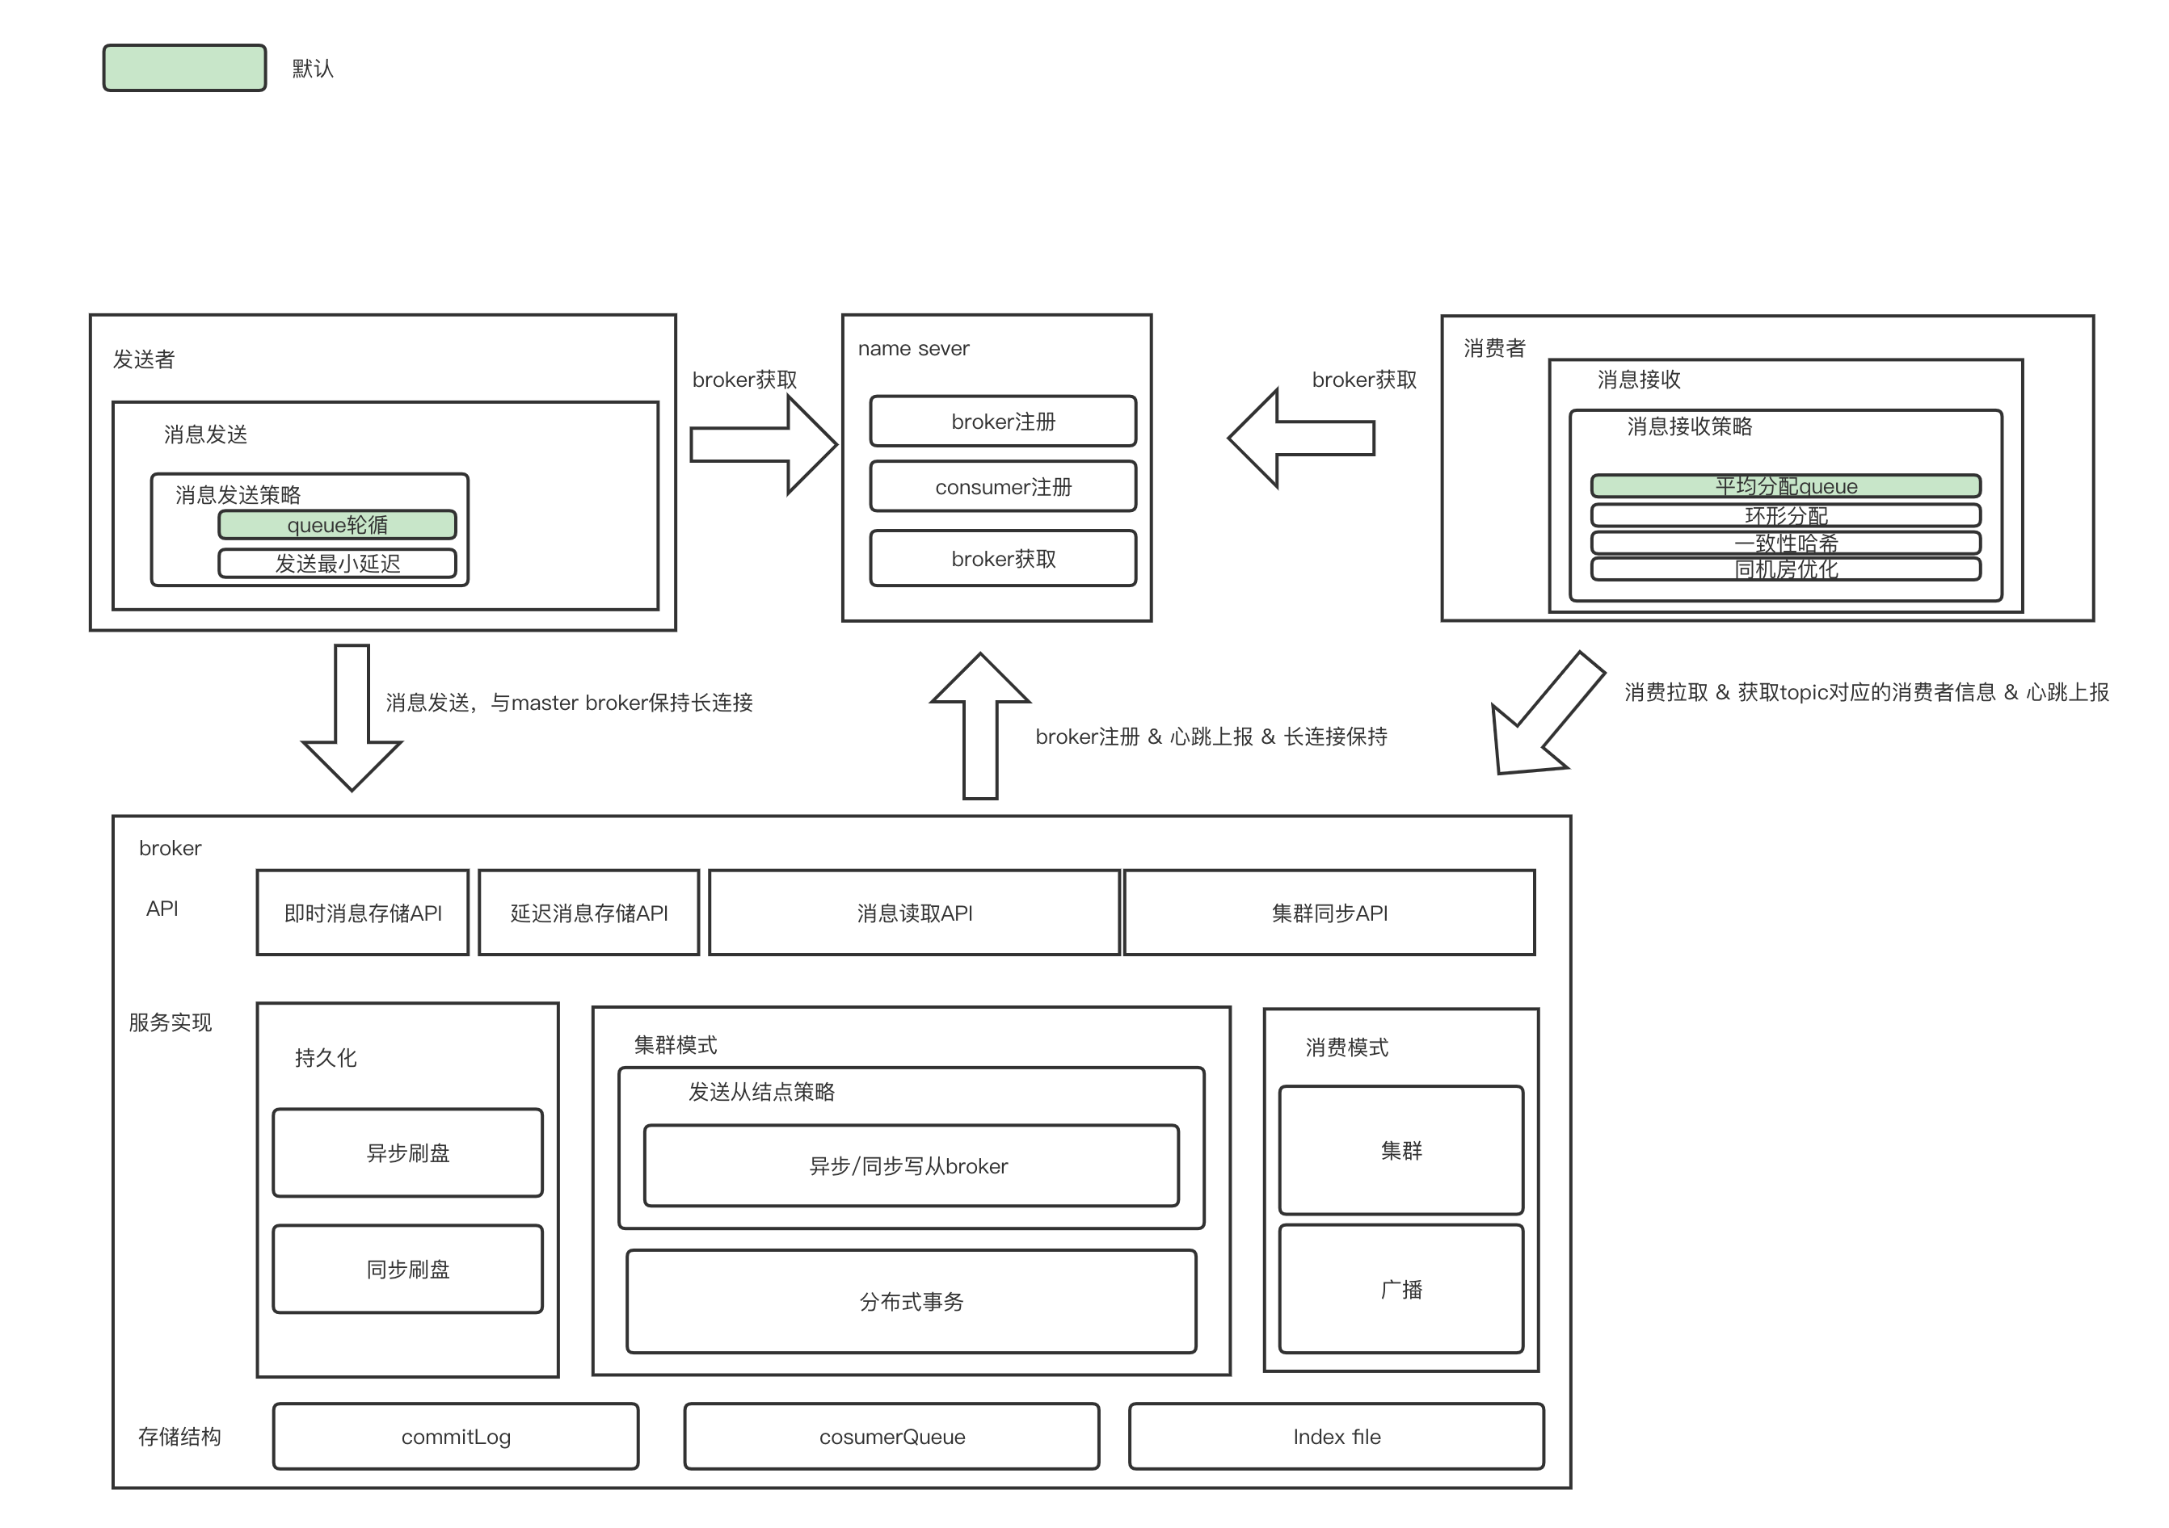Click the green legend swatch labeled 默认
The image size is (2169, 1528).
click(184, 68)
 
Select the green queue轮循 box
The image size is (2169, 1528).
click(337, 524)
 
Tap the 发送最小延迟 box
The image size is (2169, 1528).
click(337, 564)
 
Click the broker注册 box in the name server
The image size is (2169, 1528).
click(1002, 422)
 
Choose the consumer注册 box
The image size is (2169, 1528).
click(1002, 486)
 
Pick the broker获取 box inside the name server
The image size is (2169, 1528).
click(1002, 558)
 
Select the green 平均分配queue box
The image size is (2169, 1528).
click(1785, 485)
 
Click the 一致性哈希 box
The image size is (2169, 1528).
click(1785, 543)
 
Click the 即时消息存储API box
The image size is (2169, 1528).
click(363, 913)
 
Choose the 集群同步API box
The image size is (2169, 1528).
click(1329, 913)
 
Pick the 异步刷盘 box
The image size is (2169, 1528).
click(407, 1152)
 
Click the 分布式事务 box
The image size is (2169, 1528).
click(911, 1301)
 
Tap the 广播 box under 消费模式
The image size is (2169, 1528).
click(1401, 1289)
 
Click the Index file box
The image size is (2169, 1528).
click(1336, 1437)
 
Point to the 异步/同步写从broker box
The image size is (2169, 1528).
click(911, 1165)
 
